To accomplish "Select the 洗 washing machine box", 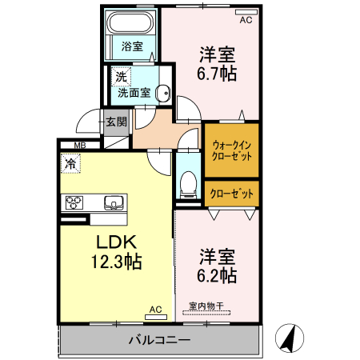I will coord(120,78).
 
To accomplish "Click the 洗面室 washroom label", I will coord(134,92).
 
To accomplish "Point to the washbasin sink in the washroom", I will coord(164,92).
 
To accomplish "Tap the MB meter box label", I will coord(79,145).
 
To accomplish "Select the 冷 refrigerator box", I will coord(70,163).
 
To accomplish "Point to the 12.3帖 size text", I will coord(118,262).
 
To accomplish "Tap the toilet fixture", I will coord(189,185).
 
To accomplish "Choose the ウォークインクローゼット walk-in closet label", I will coord(232,150).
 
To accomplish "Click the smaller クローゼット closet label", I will coord(232,194).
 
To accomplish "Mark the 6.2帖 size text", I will coord(217,276).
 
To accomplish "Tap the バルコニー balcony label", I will coord(159,341).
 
